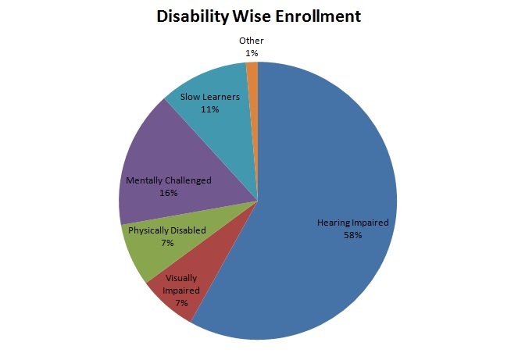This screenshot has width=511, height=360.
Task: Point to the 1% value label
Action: (251, 52)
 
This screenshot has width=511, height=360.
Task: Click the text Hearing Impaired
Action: (352, 223)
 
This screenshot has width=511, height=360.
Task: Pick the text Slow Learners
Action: (209, 98)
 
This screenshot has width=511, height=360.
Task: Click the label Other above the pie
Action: (251, 41)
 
